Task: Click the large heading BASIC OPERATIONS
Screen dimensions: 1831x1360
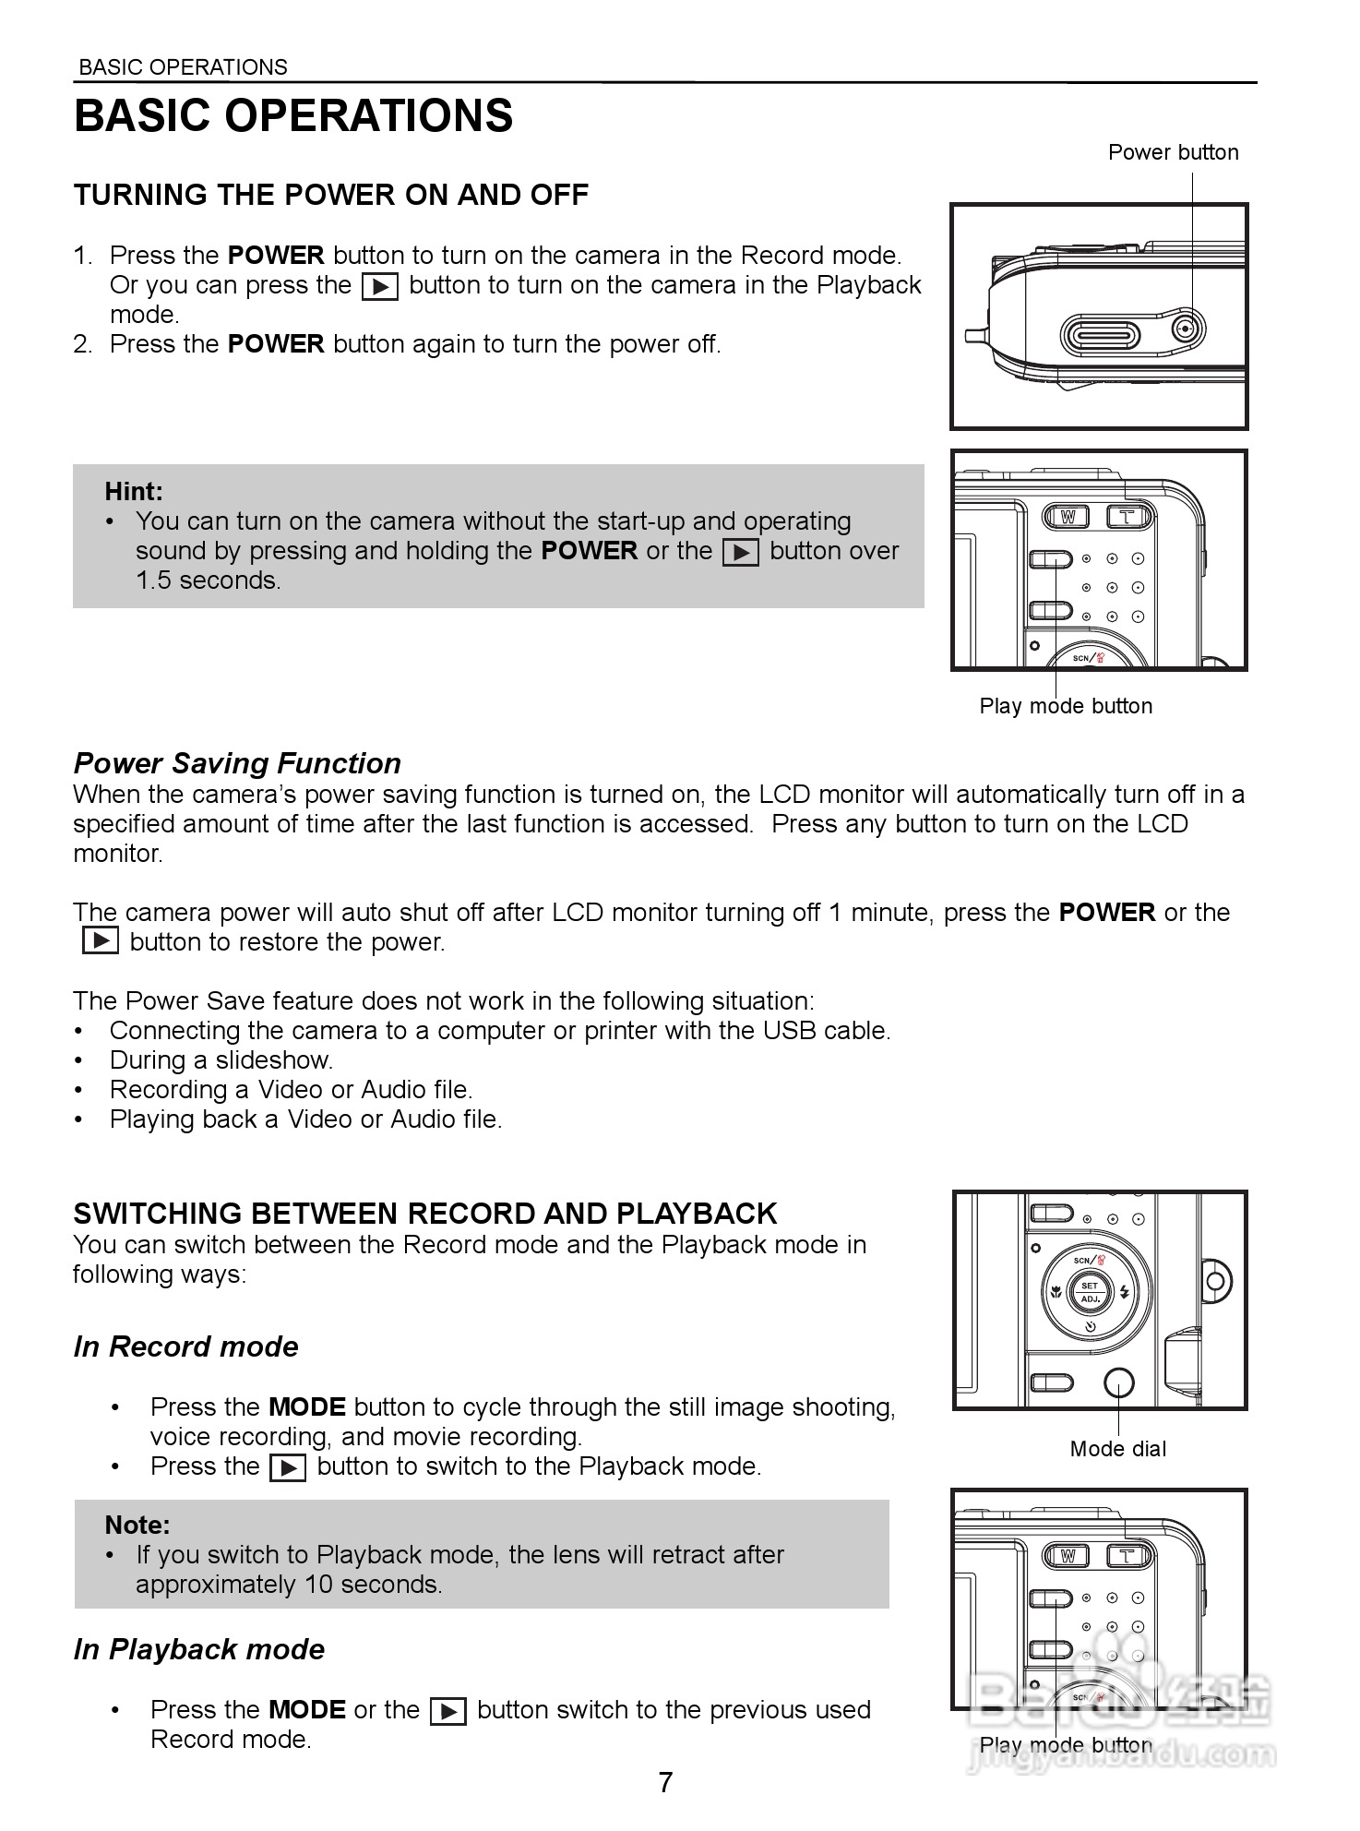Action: coord(293,116)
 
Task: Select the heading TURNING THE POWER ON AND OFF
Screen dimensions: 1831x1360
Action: coord(330,195)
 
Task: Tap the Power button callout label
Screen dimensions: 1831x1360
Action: coord(1173,152)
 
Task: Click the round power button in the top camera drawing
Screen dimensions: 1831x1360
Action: coord(1189,329)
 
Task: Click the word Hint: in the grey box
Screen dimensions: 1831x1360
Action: coord(134,491)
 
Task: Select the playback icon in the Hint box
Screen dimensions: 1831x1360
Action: coord(741,552)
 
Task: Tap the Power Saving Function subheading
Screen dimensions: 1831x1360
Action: coord(237,763)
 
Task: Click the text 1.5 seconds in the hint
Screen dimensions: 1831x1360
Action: coord(208,580)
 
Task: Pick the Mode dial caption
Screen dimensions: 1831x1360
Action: coord(1117,1449)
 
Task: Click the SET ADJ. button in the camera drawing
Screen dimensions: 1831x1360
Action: coord(1090,1292)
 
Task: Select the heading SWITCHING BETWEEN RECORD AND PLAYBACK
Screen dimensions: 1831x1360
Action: coord(424,1214)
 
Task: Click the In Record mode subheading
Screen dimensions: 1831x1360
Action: coord(186,1347)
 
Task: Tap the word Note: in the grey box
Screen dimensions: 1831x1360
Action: coord(137,1525)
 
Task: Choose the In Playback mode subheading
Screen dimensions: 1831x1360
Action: coord(199,1649)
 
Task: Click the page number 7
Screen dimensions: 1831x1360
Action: coord(665,1782)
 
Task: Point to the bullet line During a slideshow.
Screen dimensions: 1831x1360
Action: coord(221,1060)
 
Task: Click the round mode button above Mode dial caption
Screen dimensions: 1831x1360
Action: coord(1118,1383)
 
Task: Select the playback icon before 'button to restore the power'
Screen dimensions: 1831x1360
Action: coord(101,941)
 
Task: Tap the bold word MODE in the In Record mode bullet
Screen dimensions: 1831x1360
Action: coord(306,1407)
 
